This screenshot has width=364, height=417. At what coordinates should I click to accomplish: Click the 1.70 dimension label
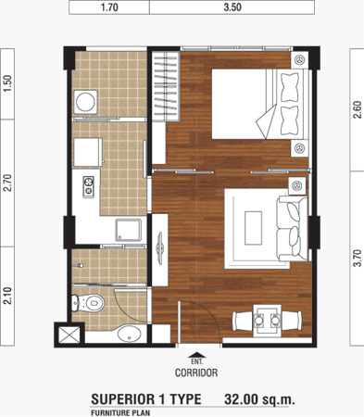pos(109,7)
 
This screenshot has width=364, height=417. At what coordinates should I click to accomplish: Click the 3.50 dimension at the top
pos(232,7)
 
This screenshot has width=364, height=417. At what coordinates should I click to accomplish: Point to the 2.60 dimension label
pos(358,109)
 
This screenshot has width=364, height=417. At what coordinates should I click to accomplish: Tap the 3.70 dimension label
pos(358,258)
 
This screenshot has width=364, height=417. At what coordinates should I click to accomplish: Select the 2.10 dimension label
pos(7,296)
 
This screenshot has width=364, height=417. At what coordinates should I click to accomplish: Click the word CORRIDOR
pos(196,373)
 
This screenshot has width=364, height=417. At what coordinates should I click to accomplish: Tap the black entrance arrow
pos(196,355)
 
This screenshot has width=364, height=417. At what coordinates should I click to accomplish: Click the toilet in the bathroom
pos(88,303)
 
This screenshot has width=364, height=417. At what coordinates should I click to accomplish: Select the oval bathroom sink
pos(130,334)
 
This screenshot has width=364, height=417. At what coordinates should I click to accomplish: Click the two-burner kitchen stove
pos(89,187)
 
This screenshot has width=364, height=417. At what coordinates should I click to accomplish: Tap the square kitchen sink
pos(129,230)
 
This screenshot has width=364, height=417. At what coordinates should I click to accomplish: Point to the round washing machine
pos(85,102)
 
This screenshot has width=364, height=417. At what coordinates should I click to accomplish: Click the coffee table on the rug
pos(253,228)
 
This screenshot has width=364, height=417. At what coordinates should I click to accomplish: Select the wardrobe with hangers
pos(166,86)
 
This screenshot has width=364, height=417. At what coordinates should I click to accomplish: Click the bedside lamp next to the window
pos(299,60)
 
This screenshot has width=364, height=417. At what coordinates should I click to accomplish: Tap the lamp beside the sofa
pos(297,186)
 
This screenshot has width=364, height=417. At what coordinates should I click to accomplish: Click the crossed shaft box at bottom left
pos(69,335)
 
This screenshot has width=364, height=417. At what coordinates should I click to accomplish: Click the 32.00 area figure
pos(242,399)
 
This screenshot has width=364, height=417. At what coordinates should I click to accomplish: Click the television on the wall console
pos(160,248)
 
